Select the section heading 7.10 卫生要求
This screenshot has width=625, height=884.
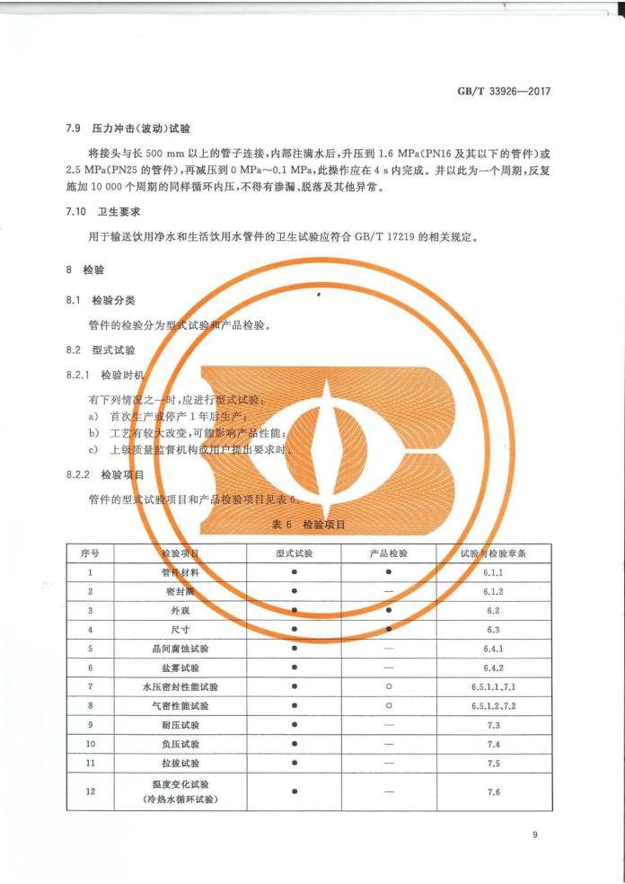(101, 212)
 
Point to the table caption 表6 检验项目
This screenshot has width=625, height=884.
(308, 523)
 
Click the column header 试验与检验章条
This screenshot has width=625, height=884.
(492, 552)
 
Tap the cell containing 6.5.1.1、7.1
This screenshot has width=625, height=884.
(492, 686)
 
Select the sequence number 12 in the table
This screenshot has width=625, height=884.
(91, 791)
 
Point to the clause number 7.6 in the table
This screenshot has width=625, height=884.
(492, 791)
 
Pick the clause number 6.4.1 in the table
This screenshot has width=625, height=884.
(492, 648)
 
